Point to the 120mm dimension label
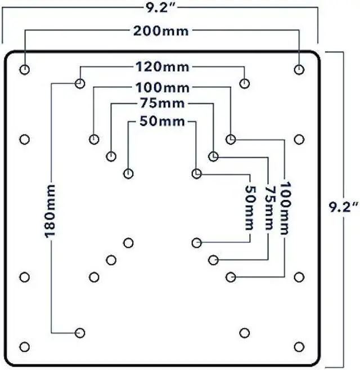pyautogui.click(x=163, y=68)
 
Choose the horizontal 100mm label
pyautogui.click(x=162, y=87)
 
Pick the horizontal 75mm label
pyautogui.click(x=162, y=104)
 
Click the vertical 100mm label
pyautogui.click(x=284, y=208)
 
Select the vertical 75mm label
pyautogui.click(x=267, y=208)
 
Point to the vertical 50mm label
pyautogui.click(x=249, y=208)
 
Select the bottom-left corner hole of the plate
pyautogui.click(x=25, y=346)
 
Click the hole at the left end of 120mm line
pyautogui.click(x=80, y=84)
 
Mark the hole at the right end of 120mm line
pyautogui.click(x=244, y=84)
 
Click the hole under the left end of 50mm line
pyautogui.click(x=129, y=173)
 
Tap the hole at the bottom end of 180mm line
pyautogui.click(x=80, y=332)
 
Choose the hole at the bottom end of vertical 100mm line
pyautogui.click(x=231, y=277)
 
